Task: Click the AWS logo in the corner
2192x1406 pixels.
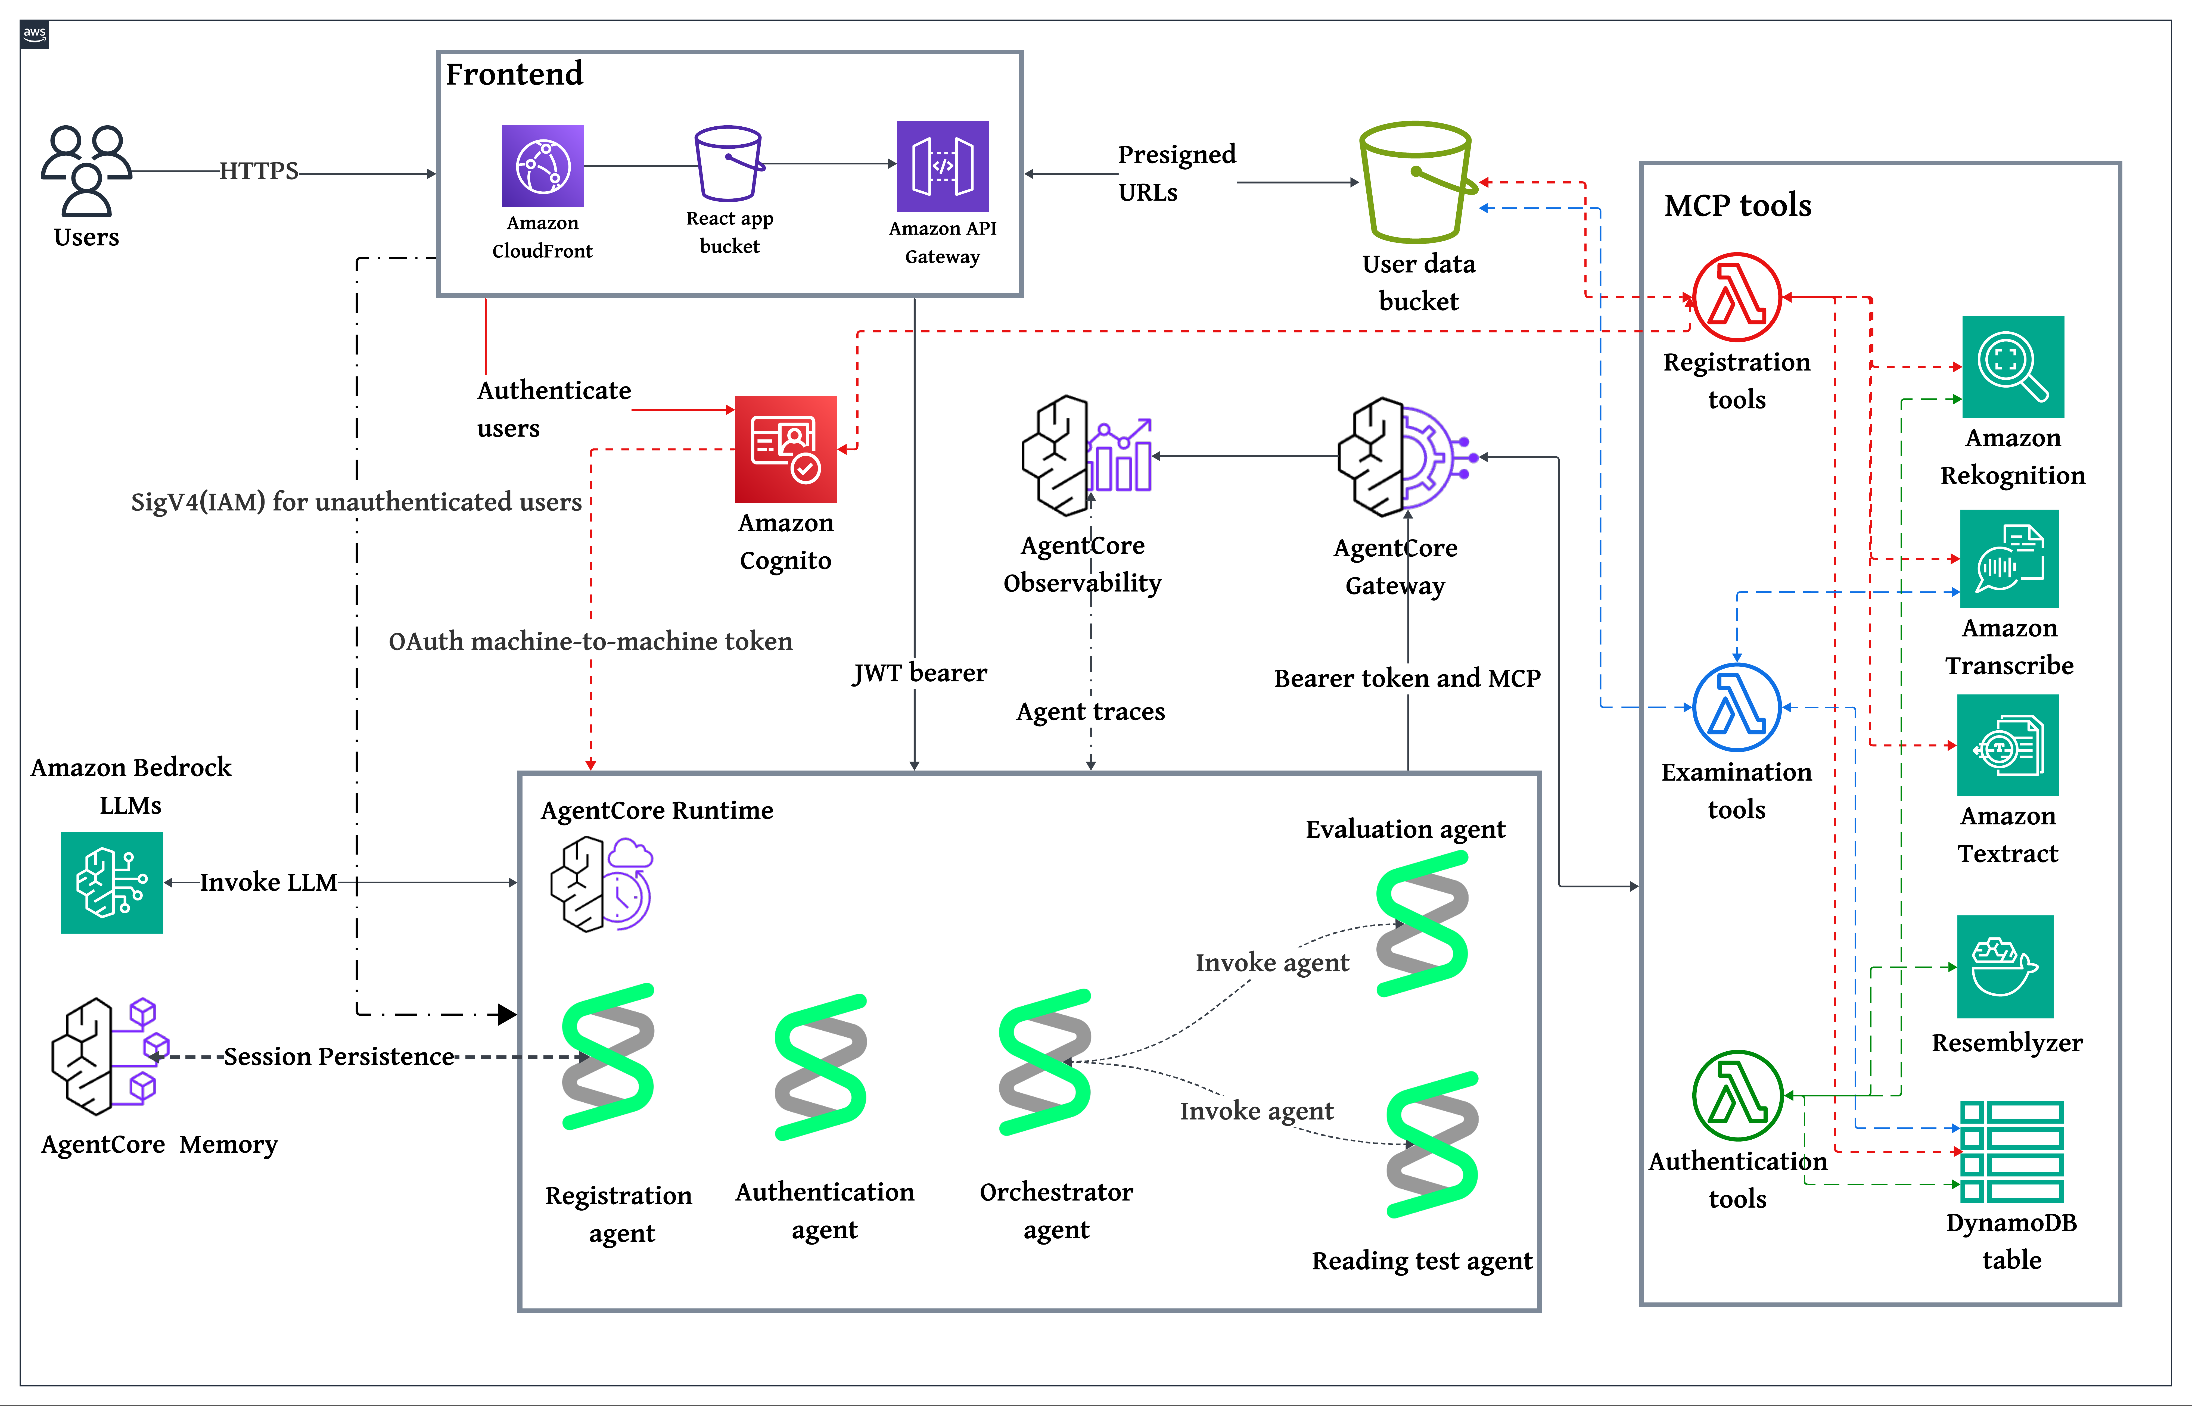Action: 35,35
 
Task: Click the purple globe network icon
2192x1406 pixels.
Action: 542,166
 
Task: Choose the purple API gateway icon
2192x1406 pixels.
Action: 942,166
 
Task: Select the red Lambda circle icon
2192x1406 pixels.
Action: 1736,297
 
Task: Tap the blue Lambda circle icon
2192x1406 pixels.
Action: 1736,707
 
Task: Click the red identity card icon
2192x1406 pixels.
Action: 785,449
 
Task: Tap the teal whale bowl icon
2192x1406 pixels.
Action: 2005,966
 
